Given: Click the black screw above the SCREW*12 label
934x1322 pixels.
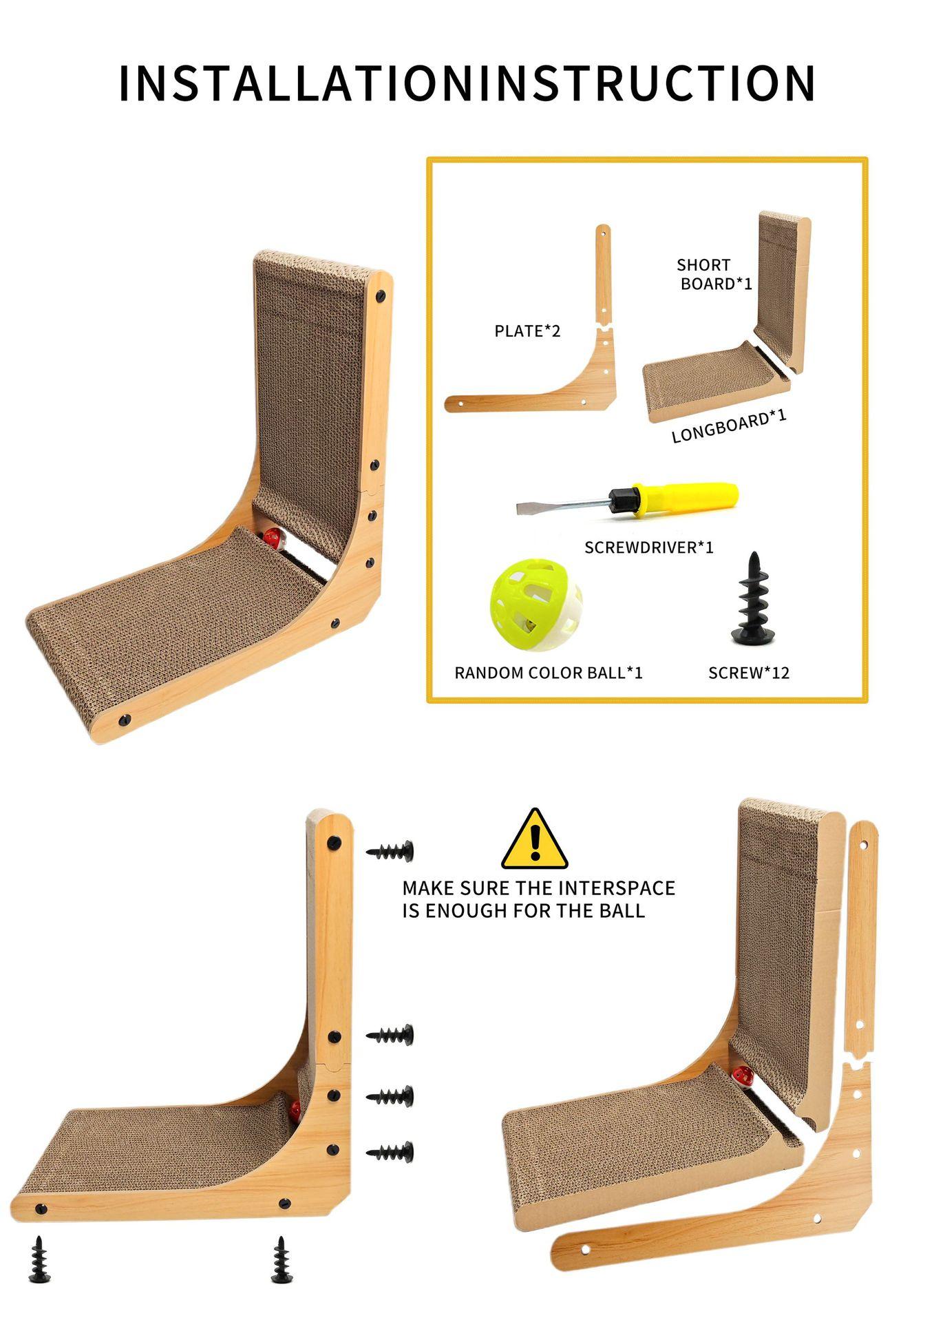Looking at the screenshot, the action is pos(753,599).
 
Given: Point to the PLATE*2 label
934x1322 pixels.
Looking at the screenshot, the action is pos(527,331).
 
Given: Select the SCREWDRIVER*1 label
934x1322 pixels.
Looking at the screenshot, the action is pos(648,547).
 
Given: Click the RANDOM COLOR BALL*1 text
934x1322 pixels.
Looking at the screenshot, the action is pos(548,673).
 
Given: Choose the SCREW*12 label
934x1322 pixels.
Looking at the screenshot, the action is pos(748,673).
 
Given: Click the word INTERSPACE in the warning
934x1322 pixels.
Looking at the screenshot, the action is pos(617,888).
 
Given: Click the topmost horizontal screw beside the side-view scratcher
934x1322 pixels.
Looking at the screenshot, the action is pos(391,852).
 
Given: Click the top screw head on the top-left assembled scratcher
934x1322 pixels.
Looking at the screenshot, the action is pos(381,296).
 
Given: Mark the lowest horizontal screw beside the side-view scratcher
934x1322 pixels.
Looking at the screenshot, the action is pos(391,1152).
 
